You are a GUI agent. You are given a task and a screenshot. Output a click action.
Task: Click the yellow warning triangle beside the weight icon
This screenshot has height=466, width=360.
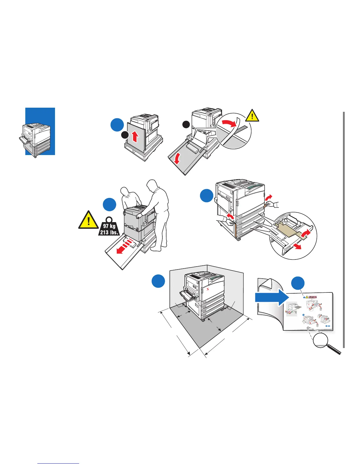(x=88, y=220)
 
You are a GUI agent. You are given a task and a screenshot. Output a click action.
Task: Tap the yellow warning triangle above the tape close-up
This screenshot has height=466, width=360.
(x=252, y=116)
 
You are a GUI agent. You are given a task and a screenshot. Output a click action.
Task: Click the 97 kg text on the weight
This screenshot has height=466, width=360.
(x=109, y=226)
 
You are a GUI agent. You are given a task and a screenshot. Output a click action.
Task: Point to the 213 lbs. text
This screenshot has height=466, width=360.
(x=109, y=232)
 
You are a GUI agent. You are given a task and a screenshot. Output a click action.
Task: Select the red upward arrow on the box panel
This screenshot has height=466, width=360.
(x=134, y=137)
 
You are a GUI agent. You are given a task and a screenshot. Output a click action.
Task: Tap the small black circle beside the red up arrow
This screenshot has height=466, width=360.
(x=125, y=135)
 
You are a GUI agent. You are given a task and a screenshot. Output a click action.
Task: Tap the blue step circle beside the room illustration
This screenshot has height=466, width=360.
(x=158, y=281)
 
